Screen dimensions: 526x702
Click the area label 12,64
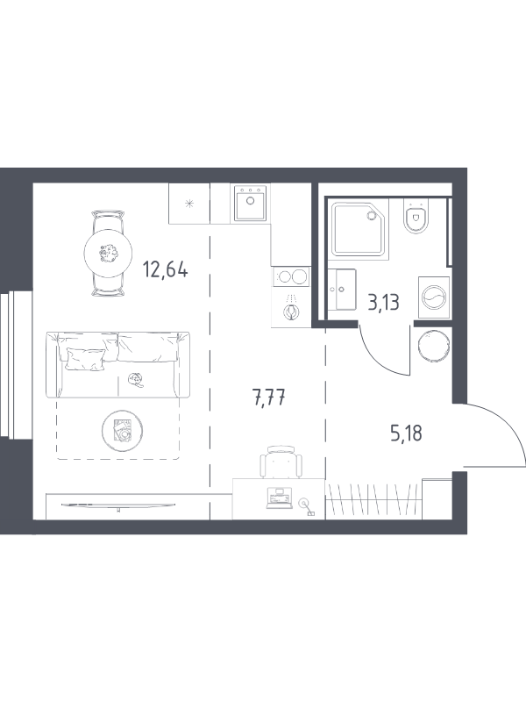[165, 270]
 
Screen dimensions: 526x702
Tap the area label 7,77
[269, 398]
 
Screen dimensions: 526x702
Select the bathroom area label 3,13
[383, 303]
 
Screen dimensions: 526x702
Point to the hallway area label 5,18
[406, 433]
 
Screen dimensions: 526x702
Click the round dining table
[108, 254]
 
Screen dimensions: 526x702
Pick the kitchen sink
[250, 204]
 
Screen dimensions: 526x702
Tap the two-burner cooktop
[291, 276]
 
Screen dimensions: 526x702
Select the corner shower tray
[359, 229]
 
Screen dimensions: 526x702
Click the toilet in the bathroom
[416, 216]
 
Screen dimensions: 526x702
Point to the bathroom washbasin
[342, 290]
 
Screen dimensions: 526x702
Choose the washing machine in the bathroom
[433, 297]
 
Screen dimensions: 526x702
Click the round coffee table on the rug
[122, 431]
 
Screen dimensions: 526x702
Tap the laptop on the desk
[279, 498]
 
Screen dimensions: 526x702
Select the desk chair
[281, 462]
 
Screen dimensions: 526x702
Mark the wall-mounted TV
[118, 505]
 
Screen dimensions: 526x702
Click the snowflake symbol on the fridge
[190, 204]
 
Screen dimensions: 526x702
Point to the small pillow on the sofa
[85, 359]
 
